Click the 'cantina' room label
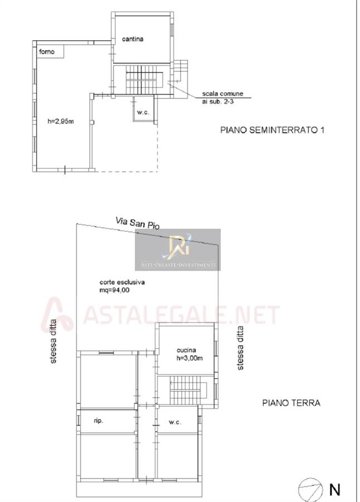pyautogui.click(x=133, y=39)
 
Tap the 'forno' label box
pyautogui.click(x=50, y=51)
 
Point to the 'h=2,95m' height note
pyautogui.click(x=61, y=122)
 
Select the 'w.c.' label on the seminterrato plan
pyautogui.click(x=143, y=112)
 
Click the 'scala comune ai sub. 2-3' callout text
pyautogui.click(x=222, y=98)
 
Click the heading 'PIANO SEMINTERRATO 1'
pyautogui.click(x=273, y=130)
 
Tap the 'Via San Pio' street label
pyautogui.click(x=138, y=223)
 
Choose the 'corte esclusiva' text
pyautogui.click(x=122, y=282)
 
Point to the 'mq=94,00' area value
pyautogui.click(x=114, y=291)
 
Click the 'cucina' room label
pyautogui.click(x=186, y=350)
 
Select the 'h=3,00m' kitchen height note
pyautogui.click(x=189, y=358)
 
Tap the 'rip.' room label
pyautogui.click(x=98, y=421)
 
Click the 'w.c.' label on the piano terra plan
pyautogui.click(x=175, y=422)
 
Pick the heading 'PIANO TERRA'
pyautogui.click(x=291, y=403)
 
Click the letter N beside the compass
pyautogui.click(x=334, y=490)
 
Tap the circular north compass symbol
pyautogui.click(x=310, y=490)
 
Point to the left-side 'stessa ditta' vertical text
pyautogui.click(x=53, y=341)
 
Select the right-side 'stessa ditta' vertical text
pyautogui.click(x=240, y=348)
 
